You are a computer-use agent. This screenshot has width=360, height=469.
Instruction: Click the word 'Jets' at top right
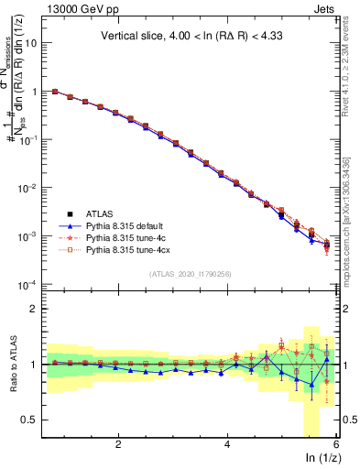pyautogui.click(x=323, y=9)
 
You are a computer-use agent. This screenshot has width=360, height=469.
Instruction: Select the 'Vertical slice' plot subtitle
pyautogui.click(x=192, y=37)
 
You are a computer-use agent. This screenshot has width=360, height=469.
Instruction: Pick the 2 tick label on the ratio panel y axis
pyautogui.click(x=35, y=309)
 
